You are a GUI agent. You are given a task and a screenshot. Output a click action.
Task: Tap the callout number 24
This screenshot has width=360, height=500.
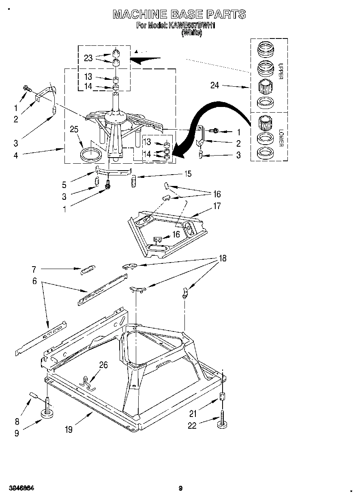click(215, 85)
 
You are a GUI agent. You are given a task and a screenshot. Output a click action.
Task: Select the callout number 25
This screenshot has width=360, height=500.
click(74, 130)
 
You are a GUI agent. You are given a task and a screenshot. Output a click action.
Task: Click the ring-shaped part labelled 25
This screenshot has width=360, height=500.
click(91, 154)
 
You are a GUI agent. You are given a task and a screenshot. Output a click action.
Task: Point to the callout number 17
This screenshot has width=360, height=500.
click(217, 206)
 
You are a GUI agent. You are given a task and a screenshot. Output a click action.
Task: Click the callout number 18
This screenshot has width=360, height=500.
click(223, 258)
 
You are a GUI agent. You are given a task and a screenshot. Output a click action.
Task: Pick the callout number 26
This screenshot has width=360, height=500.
click(103, 365)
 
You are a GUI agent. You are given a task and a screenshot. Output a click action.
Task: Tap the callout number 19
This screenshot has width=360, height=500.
click(69, 429)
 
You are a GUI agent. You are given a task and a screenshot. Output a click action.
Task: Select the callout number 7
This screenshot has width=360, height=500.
click(34, 269)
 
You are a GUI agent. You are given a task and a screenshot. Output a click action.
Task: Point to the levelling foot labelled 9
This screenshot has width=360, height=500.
click(48, 412)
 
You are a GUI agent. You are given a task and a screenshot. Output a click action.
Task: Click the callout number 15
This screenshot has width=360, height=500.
click(188, 173)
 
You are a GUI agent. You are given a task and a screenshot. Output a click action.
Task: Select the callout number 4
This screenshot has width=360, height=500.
click(16, 155)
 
